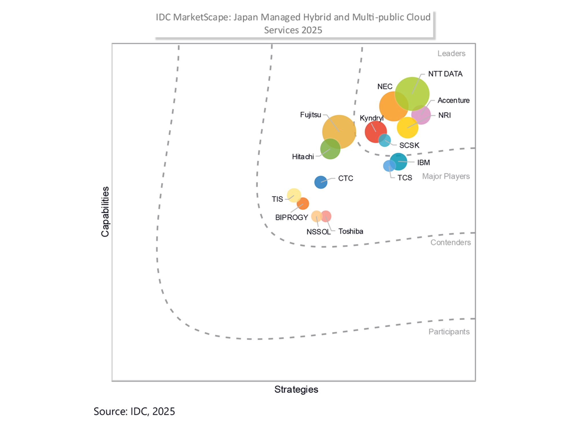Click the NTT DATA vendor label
[x=445, y=74]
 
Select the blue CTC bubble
[x=321, y=182]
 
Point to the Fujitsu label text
[x=310, y=115]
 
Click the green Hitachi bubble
[x=330, y=149]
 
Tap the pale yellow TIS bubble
[x=293, y=195]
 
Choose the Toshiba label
[x=351, y=231]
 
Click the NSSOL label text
[x=318, y=232]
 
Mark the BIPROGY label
[x=291, y=217]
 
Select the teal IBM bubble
[x=399, y=162]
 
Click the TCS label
[x=404, y=178]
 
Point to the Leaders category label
[x=451, y=53]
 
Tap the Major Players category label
[x=446, y=176]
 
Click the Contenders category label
[x=450, y=242]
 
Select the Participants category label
[x=449, y=331]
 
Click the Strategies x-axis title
[x=296, y=389]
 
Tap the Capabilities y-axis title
[x=105, y=212]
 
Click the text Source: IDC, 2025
[x=134, y=411]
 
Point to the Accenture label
[x=453, y=100]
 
